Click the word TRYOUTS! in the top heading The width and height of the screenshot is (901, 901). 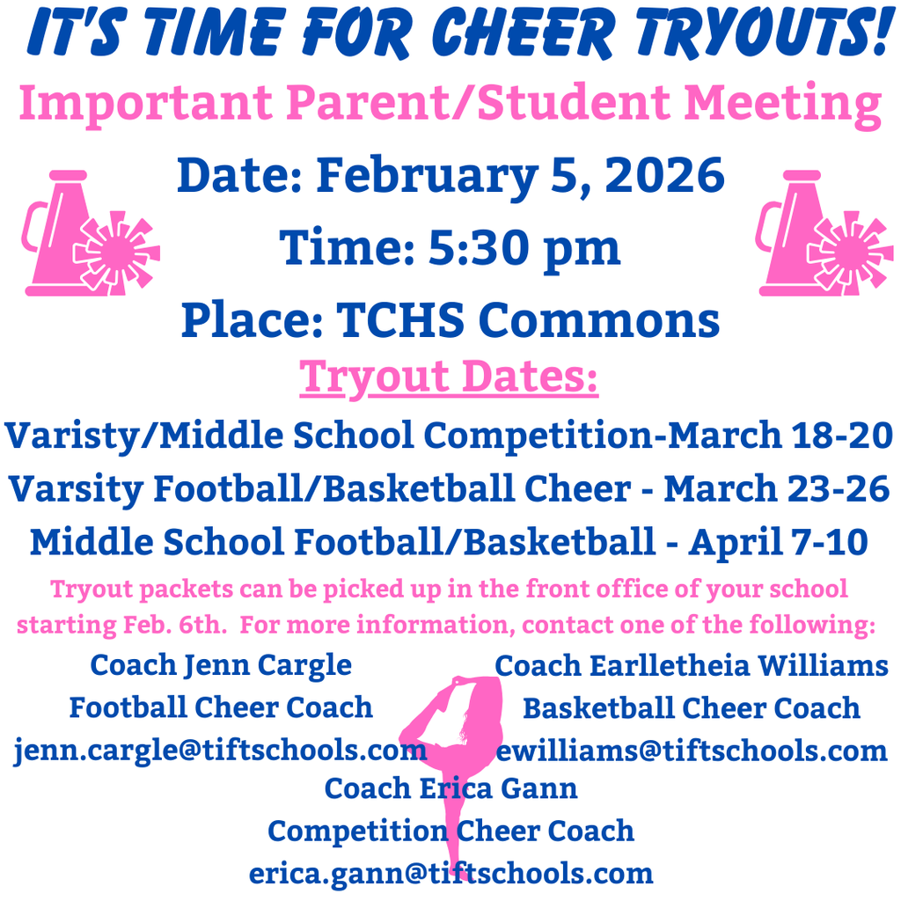tap(756, 34)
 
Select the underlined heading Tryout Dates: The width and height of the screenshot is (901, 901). tap(450, 377)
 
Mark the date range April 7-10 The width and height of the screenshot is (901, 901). tap(778, 542)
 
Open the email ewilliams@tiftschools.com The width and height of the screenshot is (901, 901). tap(692, 751)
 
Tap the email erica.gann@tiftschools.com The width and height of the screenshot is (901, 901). tap(450, 873)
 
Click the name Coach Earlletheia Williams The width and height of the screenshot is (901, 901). tap(692, 665)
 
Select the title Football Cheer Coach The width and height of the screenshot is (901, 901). tap(221, 707)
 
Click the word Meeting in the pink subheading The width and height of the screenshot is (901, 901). tap(782, 104)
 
